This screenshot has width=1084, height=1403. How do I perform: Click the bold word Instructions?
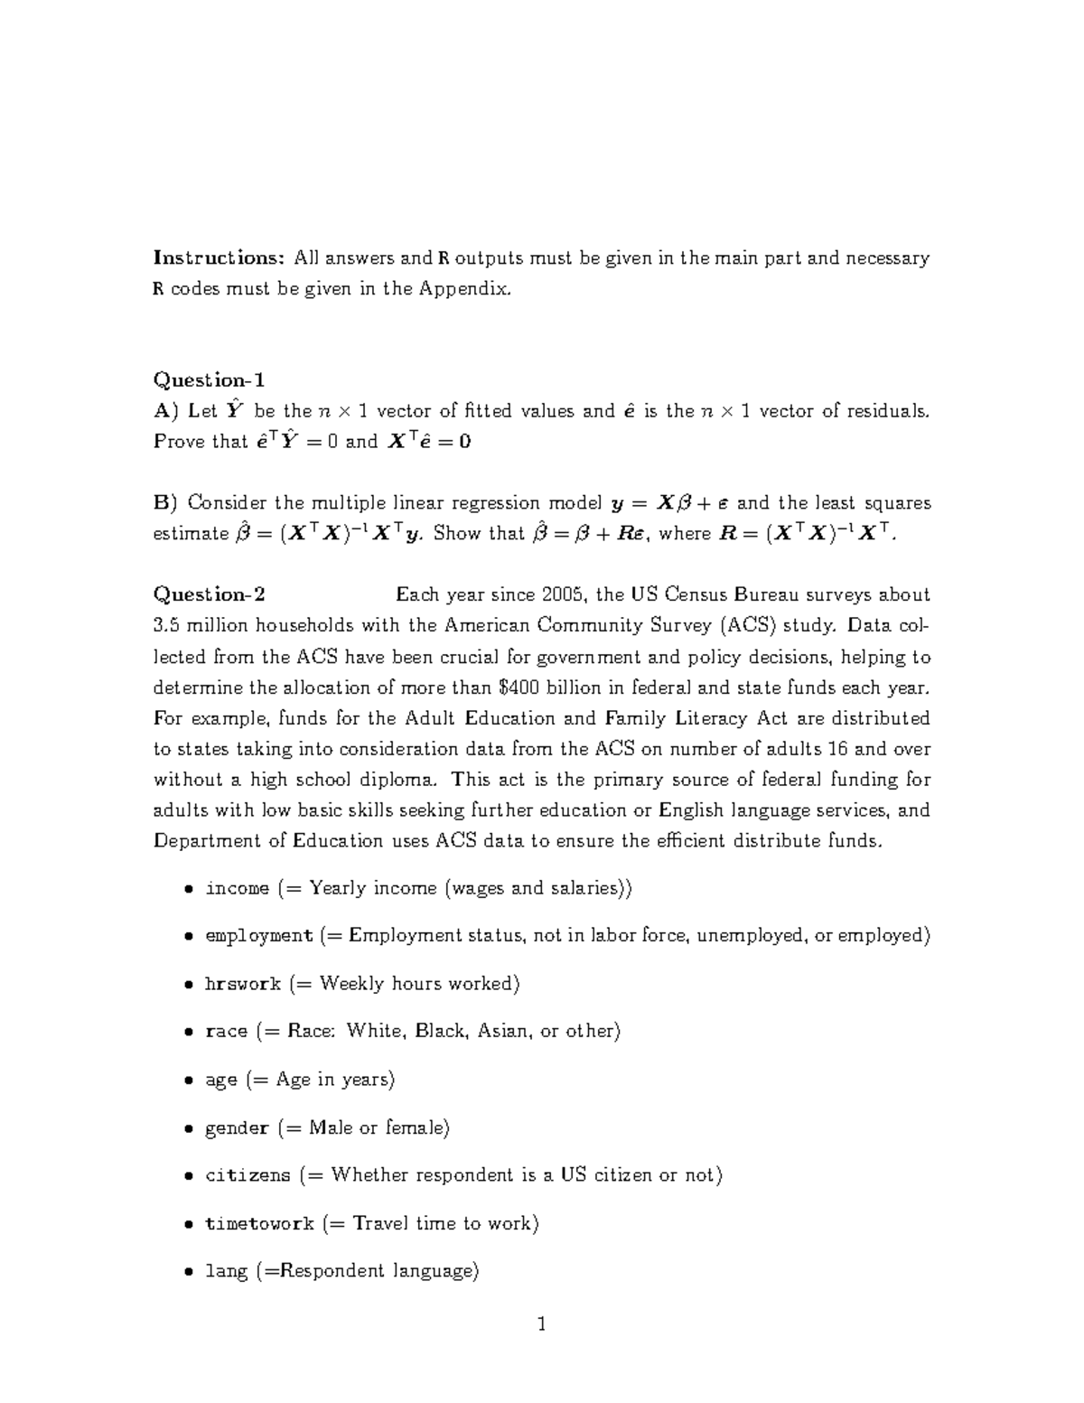tap(219, 258)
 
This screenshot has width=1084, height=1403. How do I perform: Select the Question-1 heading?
tap(209, 379)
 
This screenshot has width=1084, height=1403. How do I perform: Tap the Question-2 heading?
tap(209, 594)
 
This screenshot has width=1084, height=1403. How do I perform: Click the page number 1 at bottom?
tap(542, 1325)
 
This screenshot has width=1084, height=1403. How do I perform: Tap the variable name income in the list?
tap(237, 888)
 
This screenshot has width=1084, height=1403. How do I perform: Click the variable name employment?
tap(258, 936)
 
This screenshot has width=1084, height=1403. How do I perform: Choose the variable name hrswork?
tap(243, 984)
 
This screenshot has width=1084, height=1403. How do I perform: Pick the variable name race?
tap(226, 1032)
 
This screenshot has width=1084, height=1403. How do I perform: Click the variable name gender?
tap(237, 1128)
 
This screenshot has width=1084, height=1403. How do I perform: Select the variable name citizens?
tap(248, 1175)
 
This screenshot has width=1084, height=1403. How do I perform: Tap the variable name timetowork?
tap(259, 1224)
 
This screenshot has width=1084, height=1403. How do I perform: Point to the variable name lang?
tap(226, 1271)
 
